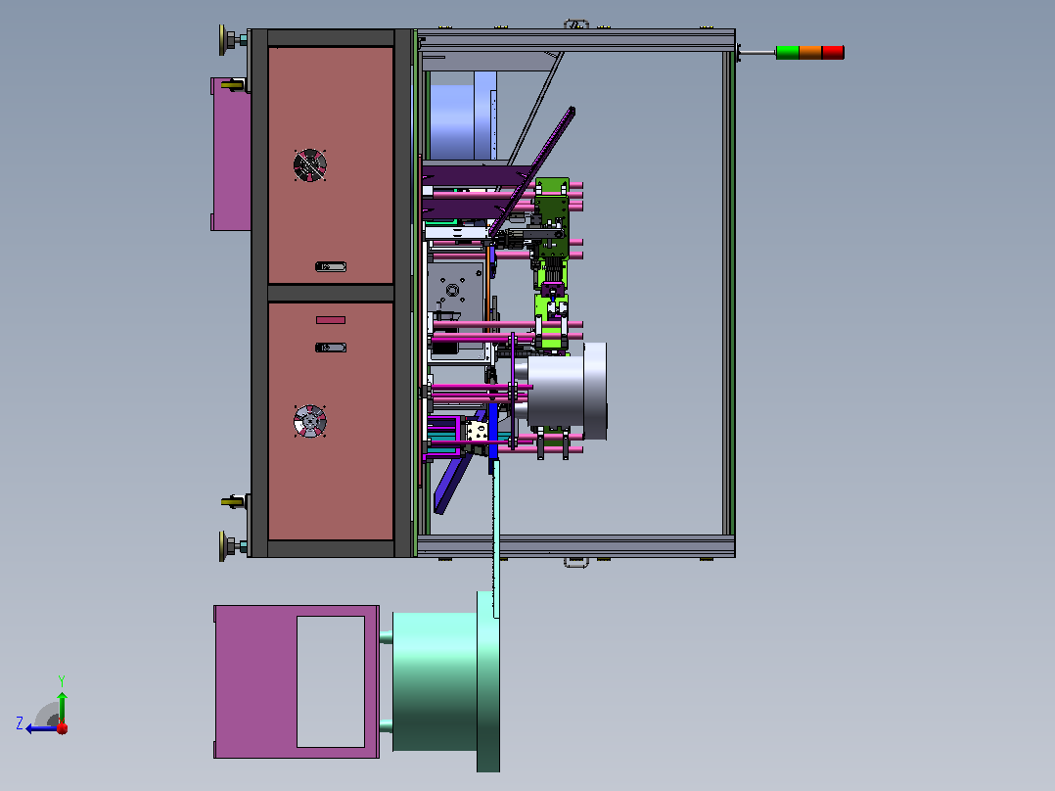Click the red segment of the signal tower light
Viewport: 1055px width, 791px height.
[x=833, y=53]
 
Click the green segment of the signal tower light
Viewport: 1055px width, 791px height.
[x=787, y=53]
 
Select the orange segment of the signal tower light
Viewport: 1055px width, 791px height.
[x=810, y=53]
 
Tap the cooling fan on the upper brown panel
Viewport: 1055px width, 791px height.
[x=310, y=164]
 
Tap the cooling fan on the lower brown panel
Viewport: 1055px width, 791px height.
[x=310, y=421]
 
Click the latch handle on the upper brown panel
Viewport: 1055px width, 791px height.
[x=331, y=267]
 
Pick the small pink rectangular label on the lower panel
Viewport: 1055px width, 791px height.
[x=331, y=320]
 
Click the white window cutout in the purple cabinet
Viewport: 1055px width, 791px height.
[x=331, y=681]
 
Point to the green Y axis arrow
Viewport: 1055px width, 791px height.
[x=62, y=707]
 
